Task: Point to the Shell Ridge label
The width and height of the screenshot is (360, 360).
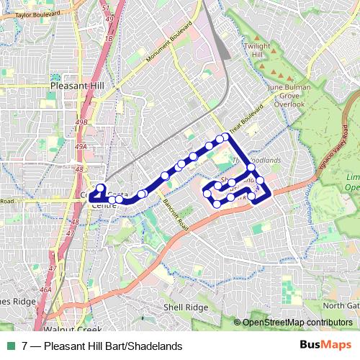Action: click(x=185, y=307)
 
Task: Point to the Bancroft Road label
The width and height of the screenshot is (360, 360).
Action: click(x=175, y=214)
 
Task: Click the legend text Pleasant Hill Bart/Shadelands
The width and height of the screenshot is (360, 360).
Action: click(x=112, y=346)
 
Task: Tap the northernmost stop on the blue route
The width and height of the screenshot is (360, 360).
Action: click(x=225, y=136)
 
